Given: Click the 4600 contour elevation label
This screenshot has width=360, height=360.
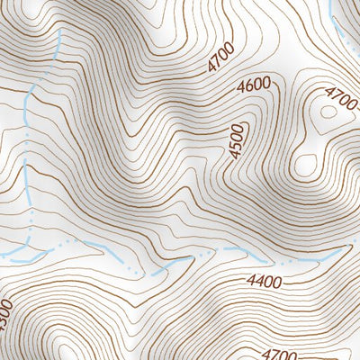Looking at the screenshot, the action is (x=255, y=86).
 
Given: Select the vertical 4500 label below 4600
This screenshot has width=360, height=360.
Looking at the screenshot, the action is (x=238, y=141).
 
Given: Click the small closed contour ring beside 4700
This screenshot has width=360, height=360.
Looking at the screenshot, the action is (x=319, y=112).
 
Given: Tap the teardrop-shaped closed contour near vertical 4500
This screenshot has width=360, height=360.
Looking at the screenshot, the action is (x=307, y=165).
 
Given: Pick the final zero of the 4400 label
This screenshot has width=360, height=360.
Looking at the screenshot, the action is (x=277, y=282).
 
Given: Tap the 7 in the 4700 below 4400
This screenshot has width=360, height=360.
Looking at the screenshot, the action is (x=275, y=355).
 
